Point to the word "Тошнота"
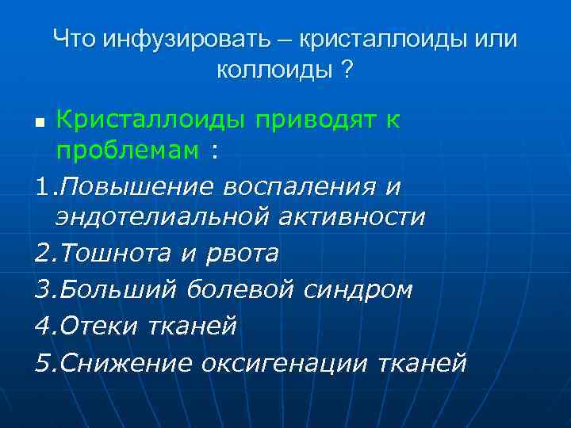pyautogui.click(x=113, y=254)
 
